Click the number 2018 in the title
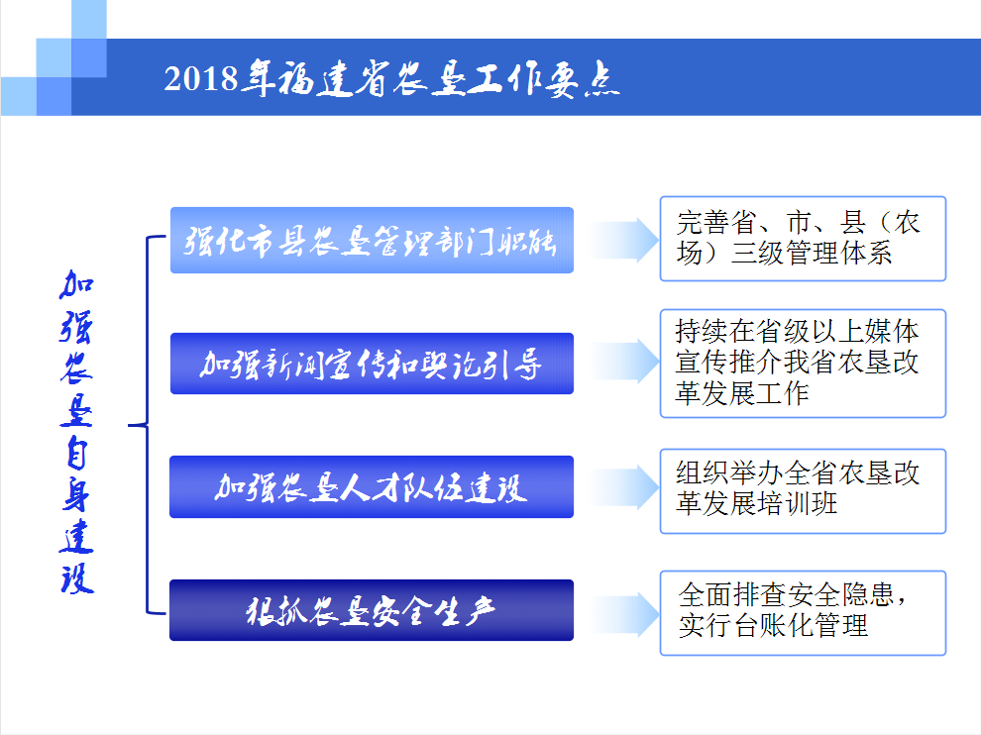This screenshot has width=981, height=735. coord(201,79)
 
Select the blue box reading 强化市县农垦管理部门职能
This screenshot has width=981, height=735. coord(372,240)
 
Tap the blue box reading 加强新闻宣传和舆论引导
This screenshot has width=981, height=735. coord(372,364)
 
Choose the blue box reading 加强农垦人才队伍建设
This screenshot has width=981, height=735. coord(372,486)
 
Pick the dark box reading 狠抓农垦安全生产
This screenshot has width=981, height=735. coord(372,610)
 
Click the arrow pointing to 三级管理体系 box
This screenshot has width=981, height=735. coord(624,240)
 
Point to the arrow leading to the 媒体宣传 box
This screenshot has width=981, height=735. coord(624,361)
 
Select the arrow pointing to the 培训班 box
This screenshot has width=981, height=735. coord(624,487)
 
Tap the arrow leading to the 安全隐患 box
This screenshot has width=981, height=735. coord(624,614)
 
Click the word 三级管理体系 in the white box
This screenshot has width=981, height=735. coord(812,254)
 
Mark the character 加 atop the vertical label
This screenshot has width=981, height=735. coord(76,285)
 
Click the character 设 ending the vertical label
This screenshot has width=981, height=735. coord(77,578)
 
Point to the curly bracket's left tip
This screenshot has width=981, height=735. coord(129,425)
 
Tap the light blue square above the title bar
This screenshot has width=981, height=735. coord(89,20)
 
